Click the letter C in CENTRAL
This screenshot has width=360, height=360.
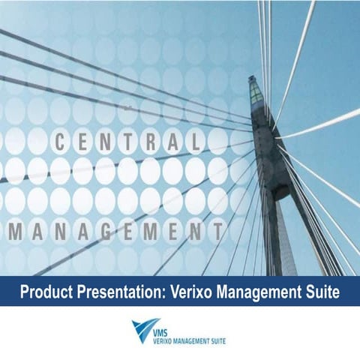coord(61,140)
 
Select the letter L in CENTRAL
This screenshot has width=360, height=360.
coord(193,140)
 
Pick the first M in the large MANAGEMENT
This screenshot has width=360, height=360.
coord(13,229)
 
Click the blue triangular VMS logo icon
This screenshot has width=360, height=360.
coord(142,331)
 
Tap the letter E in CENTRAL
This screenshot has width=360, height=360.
coord(83,140)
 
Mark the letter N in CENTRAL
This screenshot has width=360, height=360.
coord(106,140)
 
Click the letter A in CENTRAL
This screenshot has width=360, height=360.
coord(172,140)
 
